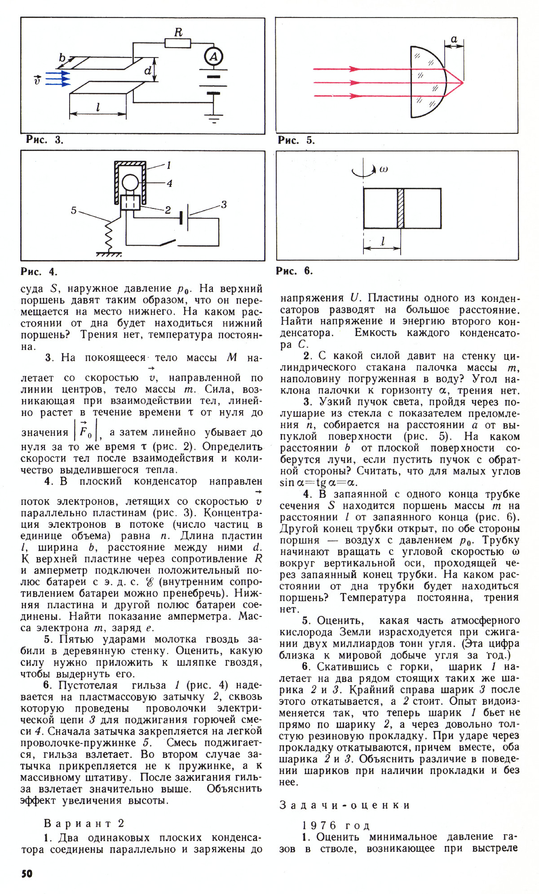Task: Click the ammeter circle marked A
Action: click(x=214, y=57)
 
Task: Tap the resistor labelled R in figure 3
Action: click(x=178, y=43)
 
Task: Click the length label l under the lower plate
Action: click(x=98, y=107)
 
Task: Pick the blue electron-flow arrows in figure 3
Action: click(x=58, y=80)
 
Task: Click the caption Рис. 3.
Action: click(x=44, y=140)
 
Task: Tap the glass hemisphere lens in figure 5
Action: click(x=427, y=82)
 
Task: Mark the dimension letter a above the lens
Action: click(x=454, y=40)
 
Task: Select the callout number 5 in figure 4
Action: click(x=74, y=210)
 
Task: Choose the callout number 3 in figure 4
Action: click(x=224, y=205)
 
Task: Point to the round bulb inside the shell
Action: click(x=131, y=183)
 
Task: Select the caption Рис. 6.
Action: click(x=294, y=271)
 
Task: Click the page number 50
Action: click(x=27, y=873)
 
